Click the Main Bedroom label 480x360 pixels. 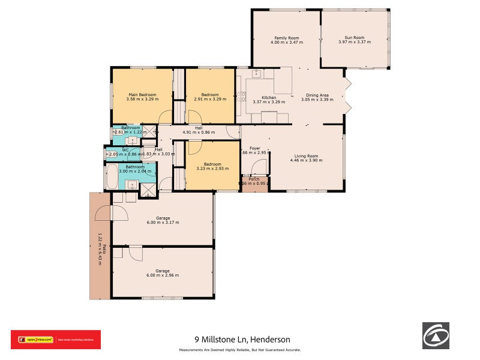click(x=142, y=94)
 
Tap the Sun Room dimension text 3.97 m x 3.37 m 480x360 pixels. click(x=354, y=42)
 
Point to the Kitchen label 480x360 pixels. click(x=268, y=97)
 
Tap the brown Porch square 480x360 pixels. click(x=254, y=184)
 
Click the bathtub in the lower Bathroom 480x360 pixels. click(x=112, y=176)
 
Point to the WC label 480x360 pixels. click(x=125, y=150)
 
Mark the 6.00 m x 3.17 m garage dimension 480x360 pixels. click(x=163, y=223)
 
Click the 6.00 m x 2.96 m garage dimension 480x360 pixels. click(x=163, y=275)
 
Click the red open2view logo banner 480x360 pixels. click(x=56, y=340)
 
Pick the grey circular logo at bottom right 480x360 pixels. click(x=436, y=335)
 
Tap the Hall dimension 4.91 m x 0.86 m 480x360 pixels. click(x=197, y=131)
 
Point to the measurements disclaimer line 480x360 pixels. click(x=239, y=350)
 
